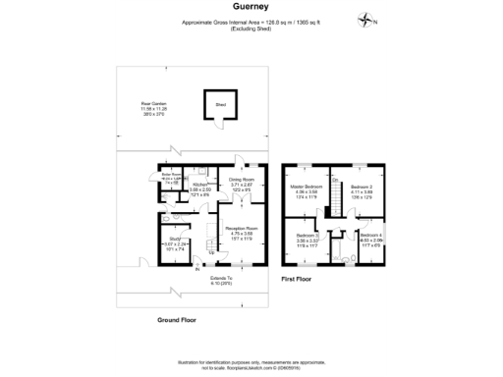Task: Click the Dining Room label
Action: click(x=242, y=180)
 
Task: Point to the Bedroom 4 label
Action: click(x=370, y=236)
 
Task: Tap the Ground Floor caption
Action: click(x=178, y=320)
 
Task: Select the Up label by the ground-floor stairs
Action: click(x=212, y=251)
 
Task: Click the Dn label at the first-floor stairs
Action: click(x=335, y=180)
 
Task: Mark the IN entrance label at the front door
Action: click(x=196, y=268)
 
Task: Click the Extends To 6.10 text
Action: click(x=221, y=280)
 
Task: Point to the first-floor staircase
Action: click(x=332, y=201)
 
